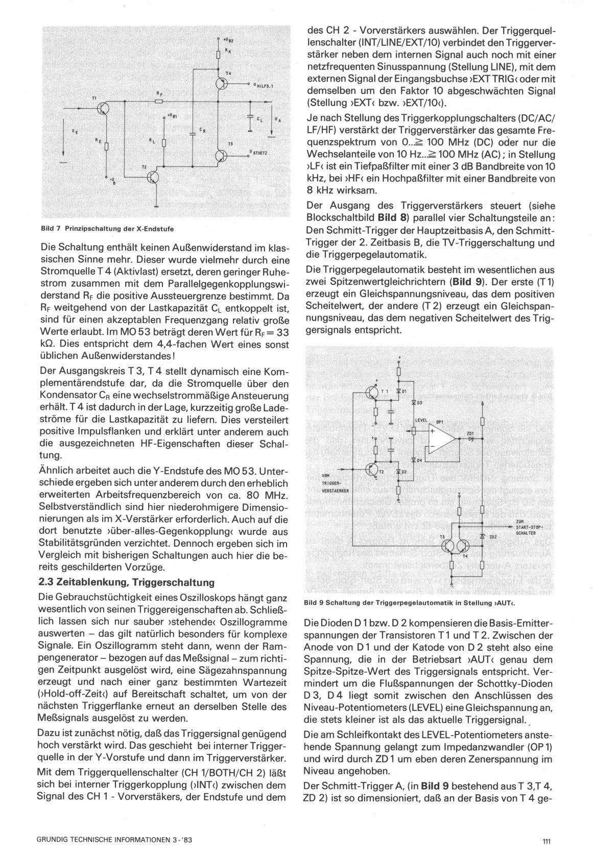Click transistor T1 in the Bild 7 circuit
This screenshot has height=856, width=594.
(x=103, y=108)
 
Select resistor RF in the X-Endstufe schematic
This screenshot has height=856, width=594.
(x=159, y=101)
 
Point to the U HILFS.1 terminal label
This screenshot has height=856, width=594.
(x=262, y=86)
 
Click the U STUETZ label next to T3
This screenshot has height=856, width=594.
(x=261, y=152)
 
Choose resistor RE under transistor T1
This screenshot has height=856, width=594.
(x=106, y=146)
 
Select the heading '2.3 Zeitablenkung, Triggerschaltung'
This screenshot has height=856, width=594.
(x=126, y=582)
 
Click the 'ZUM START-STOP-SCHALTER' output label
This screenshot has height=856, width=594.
(x=528, y=526)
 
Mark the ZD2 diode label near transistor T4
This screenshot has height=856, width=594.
(x=493, y=537)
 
